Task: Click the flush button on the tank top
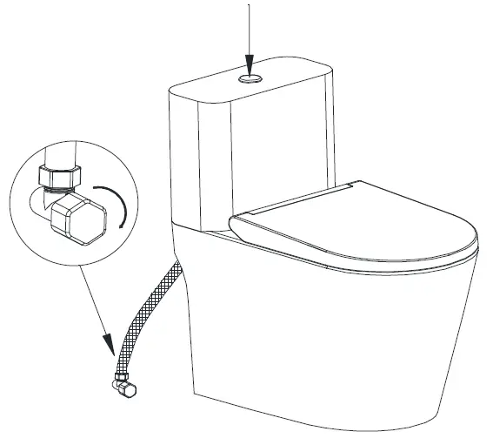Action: click(x=250, y=78)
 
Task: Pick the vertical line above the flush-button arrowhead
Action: click(x=250, y=26)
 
